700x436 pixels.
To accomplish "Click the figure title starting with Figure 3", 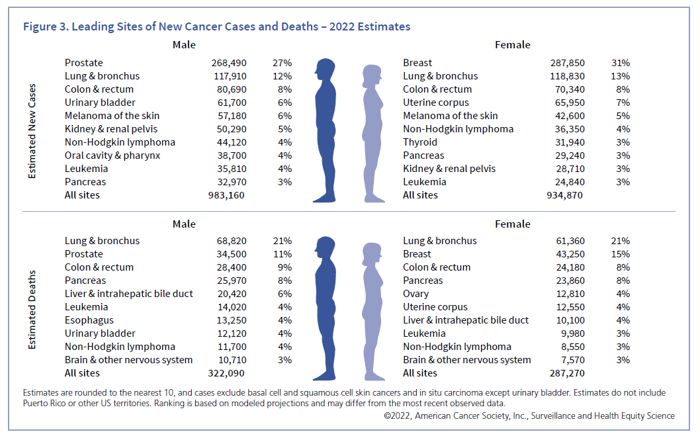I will coord(216,27).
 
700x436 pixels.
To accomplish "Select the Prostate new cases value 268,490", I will coord(228,63).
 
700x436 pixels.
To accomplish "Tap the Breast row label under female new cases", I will coord(417,63).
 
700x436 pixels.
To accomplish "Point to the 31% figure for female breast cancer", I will coord(621,63).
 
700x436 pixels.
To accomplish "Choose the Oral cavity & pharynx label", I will coord(112,155).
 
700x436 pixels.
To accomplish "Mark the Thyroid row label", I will coord(420,142).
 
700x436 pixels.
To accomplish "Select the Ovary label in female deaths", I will coord(416,294).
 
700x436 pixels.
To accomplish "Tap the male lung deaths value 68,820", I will coord(232,241).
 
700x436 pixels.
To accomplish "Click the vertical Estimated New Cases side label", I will coord(32,130).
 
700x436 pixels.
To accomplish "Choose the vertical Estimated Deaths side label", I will coord(32,309).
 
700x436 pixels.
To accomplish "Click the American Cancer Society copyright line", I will coord(529,416).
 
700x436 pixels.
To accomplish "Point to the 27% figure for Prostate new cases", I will coord(282,63).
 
